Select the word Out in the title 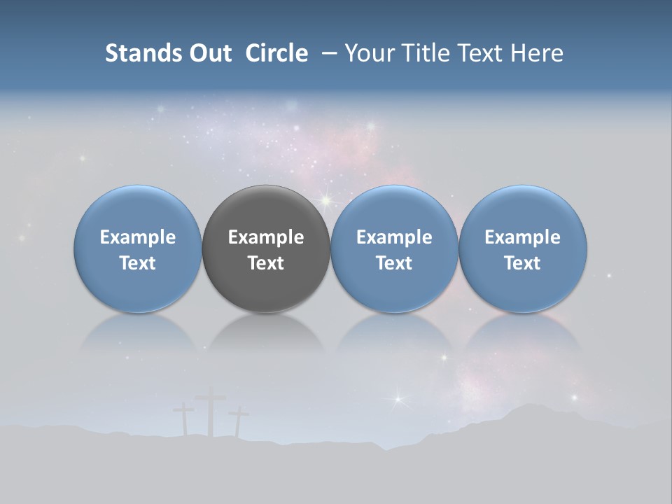209,53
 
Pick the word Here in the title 537,53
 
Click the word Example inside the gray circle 266,237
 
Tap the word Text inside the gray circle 266,263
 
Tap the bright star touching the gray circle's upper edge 325,201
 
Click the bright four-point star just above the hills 398,400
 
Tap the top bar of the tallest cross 210,399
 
